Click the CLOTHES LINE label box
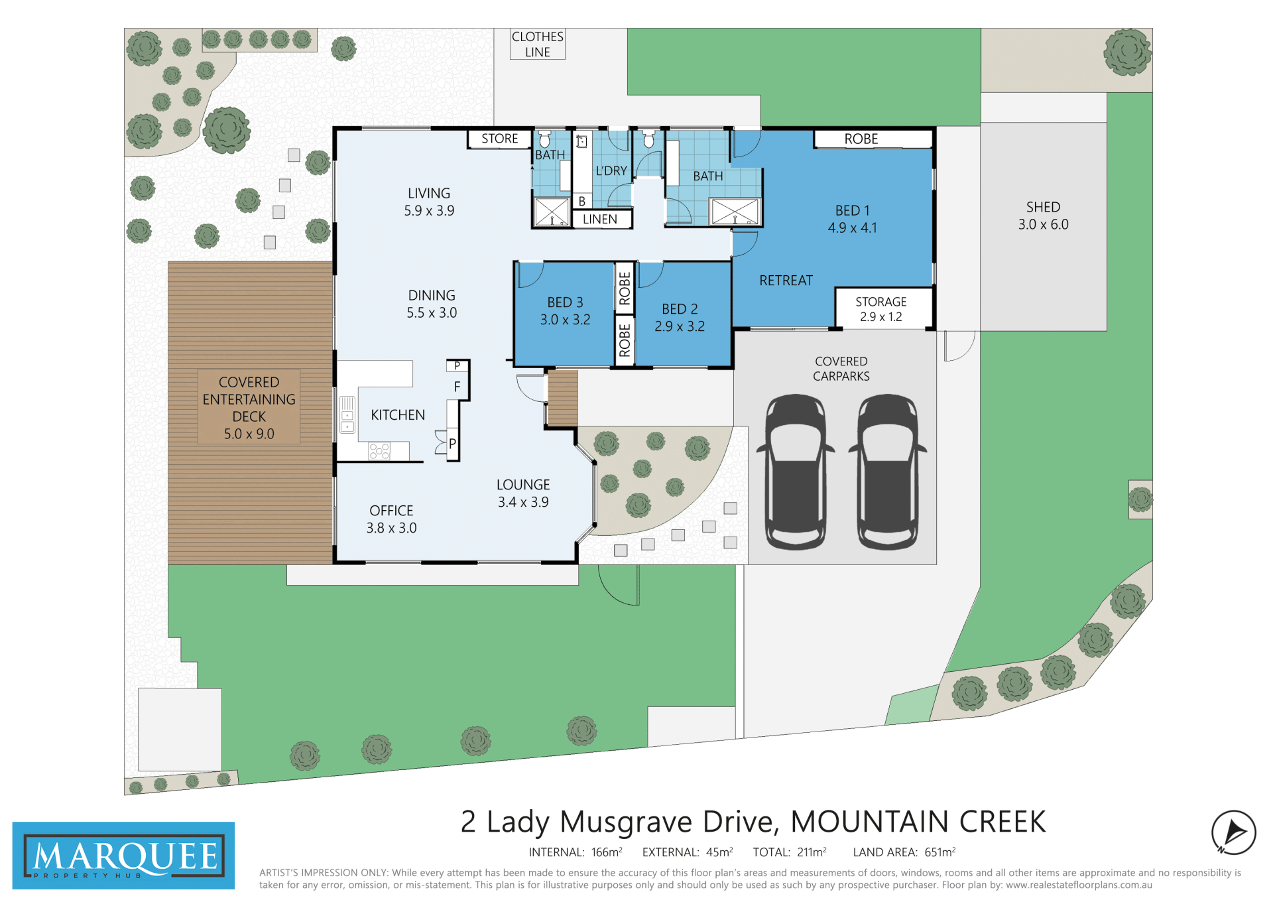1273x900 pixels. coord(537,44)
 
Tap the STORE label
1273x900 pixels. coord(500,139)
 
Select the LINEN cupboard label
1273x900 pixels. coord(600,219)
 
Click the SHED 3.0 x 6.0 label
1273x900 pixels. coord(1043,216)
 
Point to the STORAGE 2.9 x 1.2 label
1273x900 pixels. coord(880,309)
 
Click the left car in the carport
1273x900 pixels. coord(796,472)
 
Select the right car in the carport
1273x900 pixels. coord(888,472)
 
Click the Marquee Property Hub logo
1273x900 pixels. coord(123,856)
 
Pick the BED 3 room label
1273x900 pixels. coord(565,311)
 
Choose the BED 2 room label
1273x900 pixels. coord(680,318)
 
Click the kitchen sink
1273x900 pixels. coord(347,415)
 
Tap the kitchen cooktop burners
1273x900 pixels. coord(379,452)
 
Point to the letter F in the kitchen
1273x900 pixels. coord(457,387)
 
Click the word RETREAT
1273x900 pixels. coord(786,281)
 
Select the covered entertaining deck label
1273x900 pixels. coord(249,408)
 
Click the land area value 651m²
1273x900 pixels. coord(940,852)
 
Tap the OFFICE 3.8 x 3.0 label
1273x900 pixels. coord(391,519)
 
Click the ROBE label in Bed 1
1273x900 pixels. coord(861,139)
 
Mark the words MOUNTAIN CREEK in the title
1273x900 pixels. coord(918,822)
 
